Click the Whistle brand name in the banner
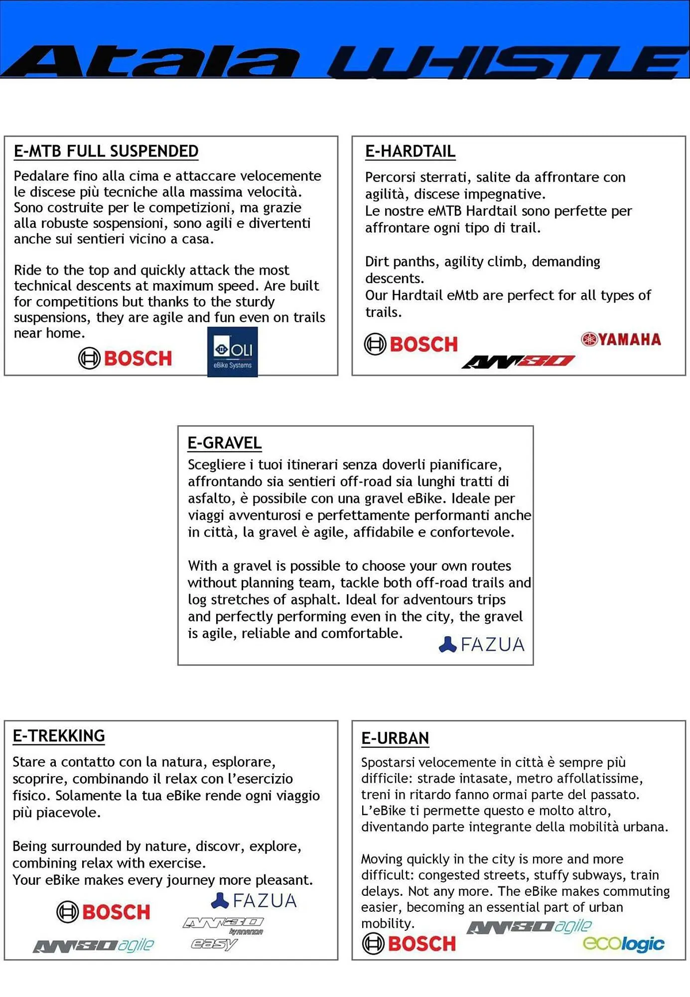click(x=506, y=62)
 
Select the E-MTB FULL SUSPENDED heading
click(x=106, y=151)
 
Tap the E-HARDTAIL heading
click(x=410, y=151)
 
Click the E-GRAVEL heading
click(x=224, y=443)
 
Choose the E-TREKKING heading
click(x=59, y=736)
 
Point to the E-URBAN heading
click(x=395, y=738)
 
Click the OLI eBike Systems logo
click(x=233, y=352)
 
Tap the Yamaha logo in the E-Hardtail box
click(x=621, y=339)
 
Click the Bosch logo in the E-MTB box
click(x=125, y=358)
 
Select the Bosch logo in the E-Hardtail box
click(x=411, y=344)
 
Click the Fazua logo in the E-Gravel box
click(x=482, y=645)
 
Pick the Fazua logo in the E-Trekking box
click(x=254, y=900)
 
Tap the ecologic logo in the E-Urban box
click(x=623, y=943)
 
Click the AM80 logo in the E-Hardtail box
click(x=518, y=361)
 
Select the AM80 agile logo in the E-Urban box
click(x=529, y=927)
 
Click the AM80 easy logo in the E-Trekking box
click(x=214, y=944)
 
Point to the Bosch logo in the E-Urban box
click(x=409, y=943)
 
